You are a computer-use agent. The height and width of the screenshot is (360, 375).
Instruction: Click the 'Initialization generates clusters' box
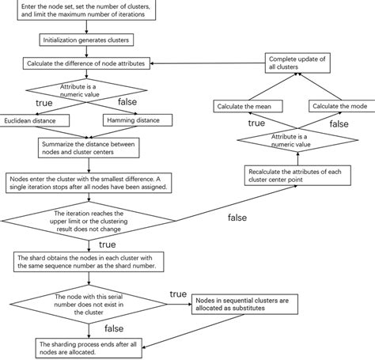point(86,40)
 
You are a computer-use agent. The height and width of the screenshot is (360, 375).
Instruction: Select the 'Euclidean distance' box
point(35,120)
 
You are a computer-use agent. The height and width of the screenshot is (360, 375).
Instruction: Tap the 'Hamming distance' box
point(138,120)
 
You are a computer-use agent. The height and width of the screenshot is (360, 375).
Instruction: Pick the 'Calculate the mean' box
point(248,106)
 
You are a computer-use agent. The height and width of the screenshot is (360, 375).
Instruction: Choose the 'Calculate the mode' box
point(342,106)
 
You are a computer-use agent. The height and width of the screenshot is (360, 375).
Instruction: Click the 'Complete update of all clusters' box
point(297,63)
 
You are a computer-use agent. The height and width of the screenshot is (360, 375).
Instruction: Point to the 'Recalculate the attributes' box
point(297,176)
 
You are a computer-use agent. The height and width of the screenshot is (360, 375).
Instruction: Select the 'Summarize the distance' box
point(89,148)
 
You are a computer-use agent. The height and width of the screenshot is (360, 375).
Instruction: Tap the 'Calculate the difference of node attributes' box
point(86,63)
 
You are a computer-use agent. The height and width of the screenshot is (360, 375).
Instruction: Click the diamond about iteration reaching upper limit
point(89,221)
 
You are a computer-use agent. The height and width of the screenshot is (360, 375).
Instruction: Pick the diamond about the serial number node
point(89,305)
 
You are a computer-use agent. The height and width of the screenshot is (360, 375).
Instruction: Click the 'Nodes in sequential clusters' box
point(244,305)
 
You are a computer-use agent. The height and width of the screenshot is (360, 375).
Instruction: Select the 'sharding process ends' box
point(89,348)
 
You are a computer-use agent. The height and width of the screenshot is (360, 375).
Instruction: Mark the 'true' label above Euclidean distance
point(44,103)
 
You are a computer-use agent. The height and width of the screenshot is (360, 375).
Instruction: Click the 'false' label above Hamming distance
point(127,102)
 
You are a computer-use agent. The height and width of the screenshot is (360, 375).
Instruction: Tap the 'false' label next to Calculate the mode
point(339,124)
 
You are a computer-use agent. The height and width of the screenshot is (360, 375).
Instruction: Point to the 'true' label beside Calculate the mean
point(256,123)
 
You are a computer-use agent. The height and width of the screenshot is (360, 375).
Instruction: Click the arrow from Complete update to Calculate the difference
point(208,63)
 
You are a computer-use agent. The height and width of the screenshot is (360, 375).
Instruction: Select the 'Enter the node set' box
point(86,10)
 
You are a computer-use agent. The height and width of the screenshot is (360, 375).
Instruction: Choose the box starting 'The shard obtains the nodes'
point(89,262)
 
